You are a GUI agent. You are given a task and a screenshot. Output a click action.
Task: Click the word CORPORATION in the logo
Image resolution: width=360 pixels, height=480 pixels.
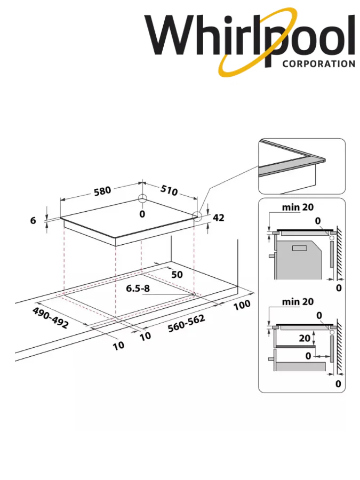click(318, 63)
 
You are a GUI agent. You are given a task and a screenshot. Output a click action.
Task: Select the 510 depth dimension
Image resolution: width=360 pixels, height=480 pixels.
click(167, 190)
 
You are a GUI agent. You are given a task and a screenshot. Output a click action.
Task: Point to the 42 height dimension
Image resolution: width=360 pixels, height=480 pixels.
click(219, 218)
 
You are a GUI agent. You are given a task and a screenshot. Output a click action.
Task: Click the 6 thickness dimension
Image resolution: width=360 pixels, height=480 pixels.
click(34, 221)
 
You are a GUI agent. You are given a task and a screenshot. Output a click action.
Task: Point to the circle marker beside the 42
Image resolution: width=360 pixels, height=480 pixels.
click(198, 216)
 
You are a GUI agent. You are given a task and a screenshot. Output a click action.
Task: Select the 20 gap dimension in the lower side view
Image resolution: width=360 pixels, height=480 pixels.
click(305, 338)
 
